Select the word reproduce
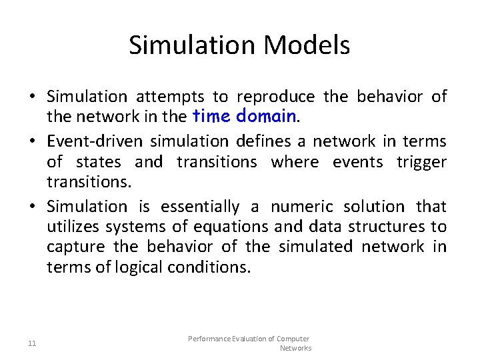tap(276, 97)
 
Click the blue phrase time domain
tap(244, 117)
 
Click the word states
tap(99, 162)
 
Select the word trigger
tap(421, 162)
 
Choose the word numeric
tap(300, 207)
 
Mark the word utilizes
tap(71, 227)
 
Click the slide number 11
tap(32, 343)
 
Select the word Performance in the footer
tap(211, 339)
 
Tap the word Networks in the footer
tap(295, 348)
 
